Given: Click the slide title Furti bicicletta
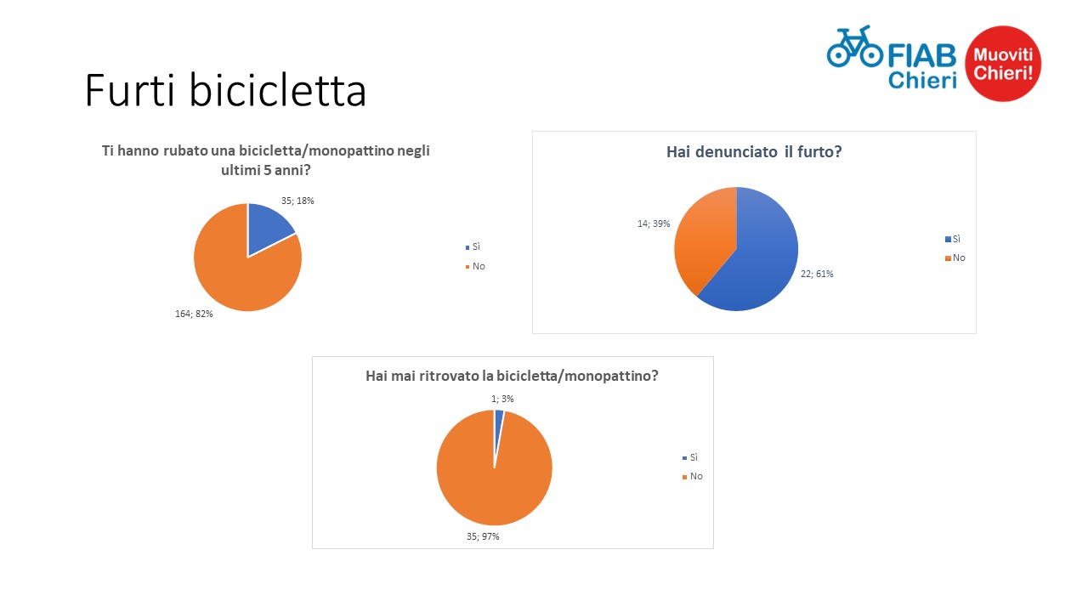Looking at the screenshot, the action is point(225,90).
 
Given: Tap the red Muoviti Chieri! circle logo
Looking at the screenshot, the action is point(1003,64).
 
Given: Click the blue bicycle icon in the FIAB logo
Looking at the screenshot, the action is point(854,46).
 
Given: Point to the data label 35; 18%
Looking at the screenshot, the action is point(297,201).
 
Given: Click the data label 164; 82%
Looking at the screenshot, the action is point(194,314).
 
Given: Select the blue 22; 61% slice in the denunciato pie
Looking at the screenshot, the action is point(762,258).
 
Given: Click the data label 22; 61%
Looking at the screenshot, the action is point(817,274).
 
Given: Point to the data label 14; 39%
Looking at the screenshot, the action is point(654,224).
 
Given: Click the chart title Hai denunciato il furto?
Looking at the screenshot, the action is point(754,152).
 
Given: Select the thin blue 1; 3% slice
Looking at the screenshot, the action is point(498,428).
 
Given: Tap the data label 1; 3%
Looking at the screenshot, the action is point(502,399).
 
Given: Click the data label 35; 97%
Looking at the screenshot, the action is point(483,536).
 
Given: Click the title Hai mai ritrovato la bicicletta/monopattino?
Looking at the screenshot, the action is point(512,376).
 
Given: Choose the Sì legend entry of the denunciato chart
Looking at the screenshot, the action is point(953,239).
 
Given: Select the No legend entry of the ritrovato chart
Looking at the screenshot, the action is point(692,477).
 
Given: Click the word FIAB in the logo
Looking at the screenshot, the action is point(922,56).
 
